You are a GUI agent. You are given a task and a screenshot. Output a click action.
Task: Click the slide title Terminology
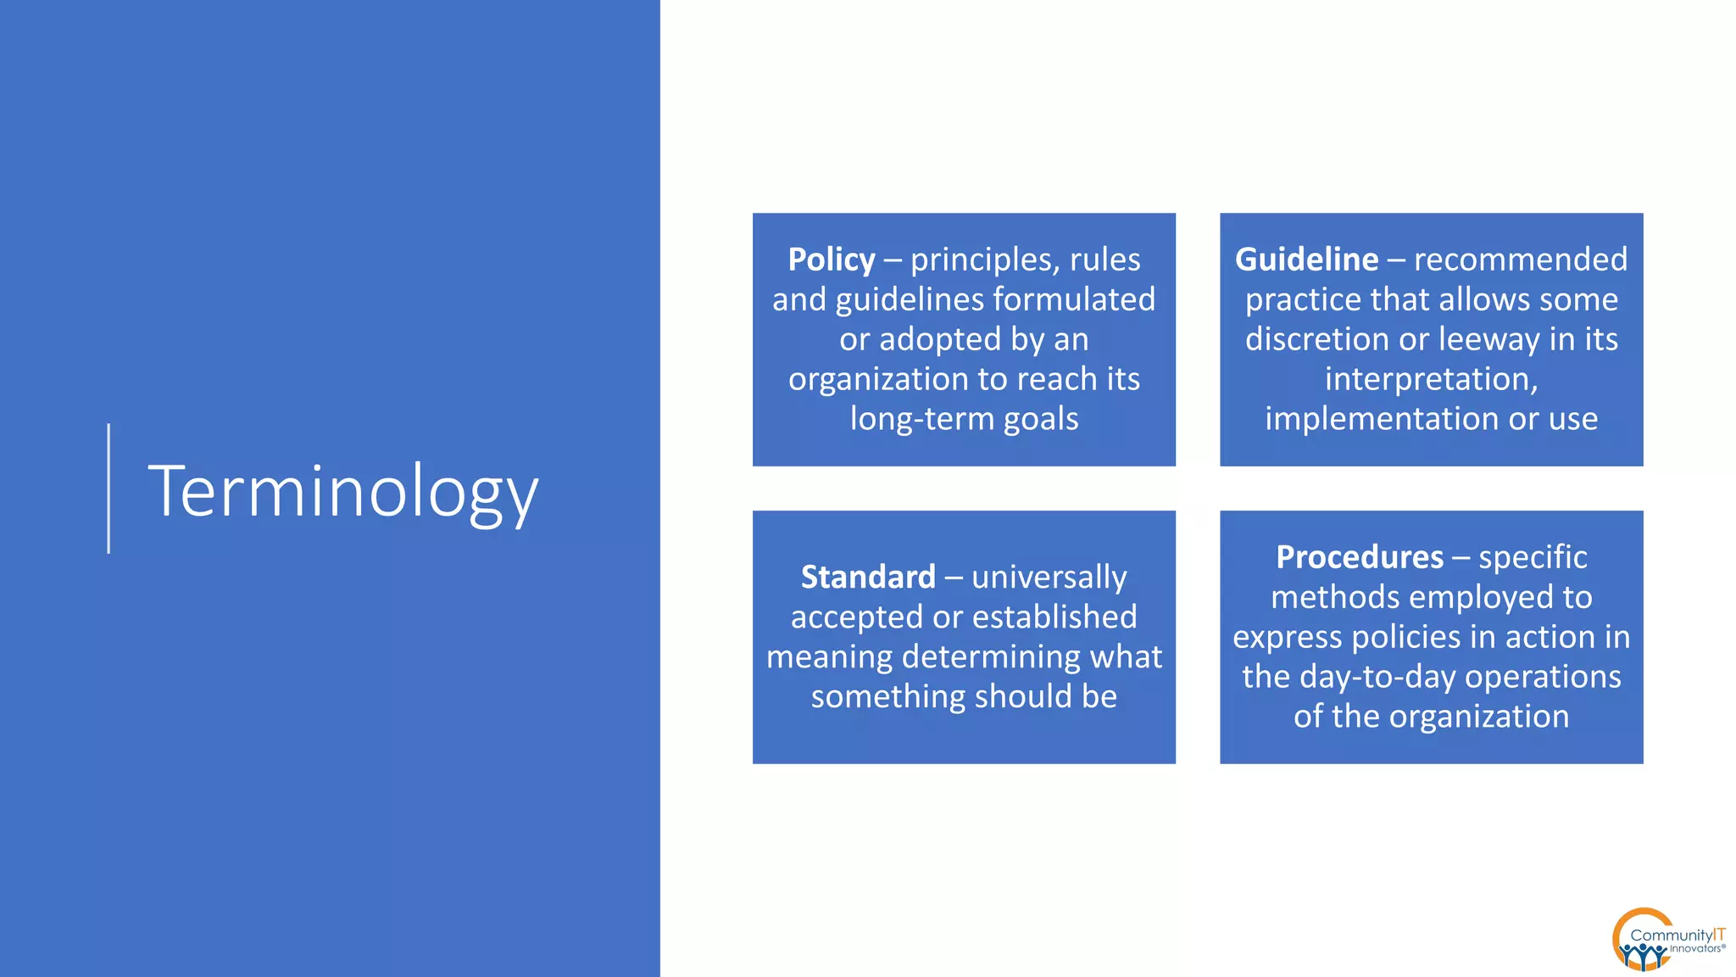pos(343,492)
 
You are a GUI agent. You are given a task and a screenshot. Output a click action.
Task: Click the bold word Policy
pos(831,260)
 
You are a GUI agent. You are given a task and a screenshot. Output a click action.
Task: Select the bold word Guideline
pos(1306,260)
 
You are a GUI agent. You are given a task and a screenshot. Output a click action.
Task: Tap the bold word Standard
pos(868,578)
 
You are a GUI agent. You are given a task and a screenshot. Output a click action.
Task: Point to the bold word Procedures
pos(1360,557)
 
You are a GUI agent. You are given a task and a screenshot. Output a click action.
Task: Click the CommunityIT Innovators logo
pos(1666,940)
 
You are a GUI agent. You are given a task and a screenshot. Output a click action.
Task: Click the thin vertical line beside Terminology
pos(108,488)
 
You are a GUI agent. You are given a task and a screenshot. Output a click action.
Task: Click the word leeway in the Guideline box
pos(1489,339)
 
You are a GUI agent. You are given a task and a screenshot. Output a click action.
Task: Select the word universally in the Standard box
pos(1049,578)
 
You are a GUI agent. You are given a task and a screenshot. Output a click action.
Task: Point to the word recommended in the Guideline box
pos(1521,260)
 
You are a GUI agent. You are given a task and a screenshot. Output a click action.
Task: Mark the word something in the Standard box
pos(888,697)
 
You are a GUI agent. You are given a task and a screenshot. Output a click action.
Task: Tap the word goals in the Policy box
pos(1041,419)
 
